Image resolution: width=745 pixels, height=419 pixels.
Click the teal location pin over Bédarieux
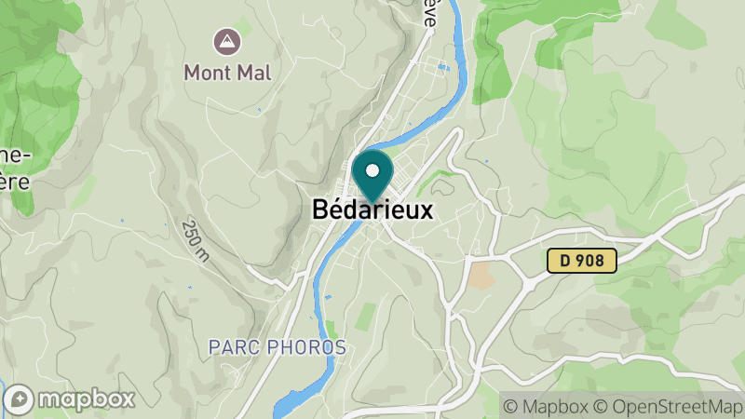(373, 176)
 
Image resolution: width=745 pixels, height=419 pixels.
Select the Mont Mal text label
(227, 73)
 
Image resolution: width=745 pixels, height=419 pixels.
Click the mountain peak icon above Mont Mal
(224, 41)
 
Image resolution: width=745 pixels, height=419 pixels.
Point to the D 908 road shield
(581, 263)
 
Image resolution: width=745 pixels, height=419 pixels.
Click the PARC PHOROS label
(277, 347)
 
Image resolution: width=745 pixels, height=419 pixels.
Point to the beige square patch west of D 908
(481, 275)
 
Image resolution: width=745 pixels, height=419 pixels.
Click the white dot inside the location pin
(373, 170)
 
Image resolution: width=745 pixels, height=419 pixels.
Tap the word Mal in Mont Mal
(252, 73)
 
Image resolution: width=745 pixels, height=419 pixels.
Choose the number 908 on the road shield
(590, 263)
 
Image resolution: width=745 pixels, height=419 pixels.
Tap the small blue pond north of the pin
(442, 67)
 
